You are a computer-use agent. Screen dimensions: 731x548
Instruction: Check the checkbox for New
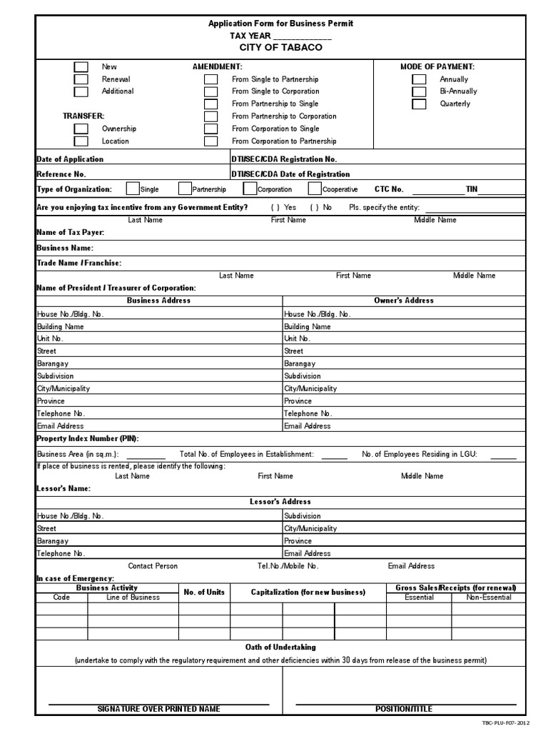click(x=81, y=67)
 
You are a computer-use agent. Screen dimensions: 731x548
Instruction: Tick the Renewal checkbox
click(x=81, y=79)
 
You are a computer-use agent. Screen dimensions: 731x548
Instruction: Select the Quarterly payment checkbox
click(x=419, y=104)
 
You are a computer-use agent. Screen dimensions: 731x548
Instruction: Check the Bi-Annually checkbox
click(x=419, y=91)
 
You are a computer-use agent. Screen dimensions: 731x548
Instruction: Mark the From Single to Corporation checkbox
click(x=210, y=92)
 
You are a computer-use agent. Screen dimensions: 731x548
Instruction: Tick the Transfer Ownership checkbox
click(x=81, y=129)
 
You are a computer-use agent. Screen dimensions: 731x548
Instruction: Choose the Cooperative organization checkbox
click(x=315, y=189)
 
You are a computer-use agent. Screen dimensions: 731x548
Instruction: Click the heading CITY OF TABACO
click(x=280, y=47)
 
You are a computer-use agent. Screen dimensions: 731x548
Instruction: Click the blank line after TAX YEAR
click(x=303, y=36)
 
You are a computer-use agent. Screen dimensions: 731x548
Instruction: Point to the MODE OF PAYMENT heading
click(x=437, y=66)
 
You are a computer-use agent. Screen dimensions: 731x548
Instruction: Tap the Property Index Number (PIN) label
click(x=88, y=438)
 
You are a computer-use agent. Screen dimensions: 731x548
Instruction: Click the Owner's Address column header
click(x=403, y=301)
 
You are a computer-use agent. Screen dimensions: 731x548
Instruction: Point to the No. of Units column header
click(x=204, y=593)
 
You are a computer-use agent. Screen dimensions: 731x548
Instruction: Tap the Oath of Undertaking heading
click(x=280, y=647)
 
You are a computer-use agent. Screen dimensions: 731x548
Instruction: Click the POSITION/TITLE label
click(x=403, y=709)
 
